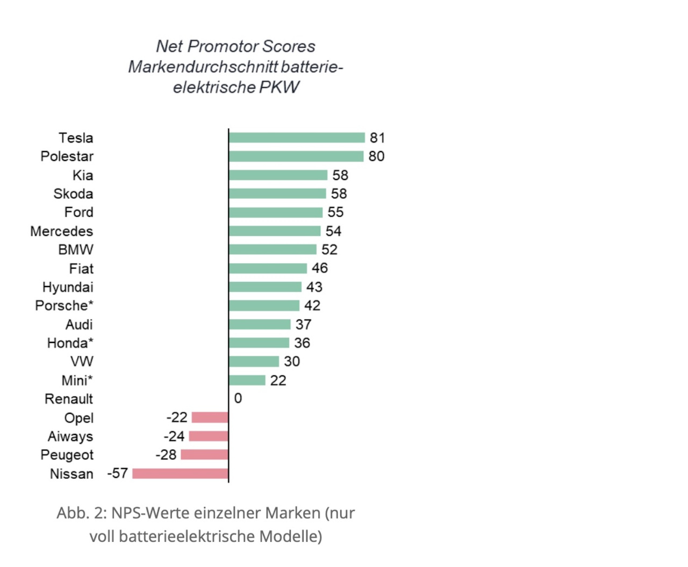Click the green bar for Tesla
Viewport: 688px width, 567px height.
click(297, 138)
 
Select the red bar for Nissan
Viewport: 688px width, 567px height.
click(180, 473)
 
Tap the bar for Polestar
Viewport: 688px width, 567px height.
click(296, 156)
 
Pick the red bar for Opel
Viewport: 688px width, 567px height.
click(210, 418)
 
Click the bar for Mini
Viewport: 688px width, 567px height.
click(247, 381)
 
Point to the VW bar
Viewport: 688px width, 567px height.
click(254, 362)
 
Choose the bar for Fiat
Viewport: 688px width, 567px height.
click(268, 268)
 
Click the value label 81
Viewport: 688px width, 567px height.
click(377, 138)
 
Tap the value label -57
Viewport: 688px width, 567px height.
click(118, 473)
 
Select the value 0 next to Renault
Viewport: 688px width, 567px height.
click(238, 398)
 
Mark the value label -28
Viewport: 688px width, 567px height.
click(166, 455)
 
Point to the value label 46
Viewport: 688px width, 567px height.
click(320, 268)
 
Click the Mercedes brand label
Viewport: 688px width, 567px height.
click(62, 232)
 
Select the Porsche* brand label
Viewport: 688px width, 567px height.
click(64, 306)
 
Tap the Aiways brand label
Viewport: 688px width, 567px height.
click(70, 436)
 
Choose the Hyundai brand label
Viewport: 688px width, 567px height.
click(68, 288)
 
